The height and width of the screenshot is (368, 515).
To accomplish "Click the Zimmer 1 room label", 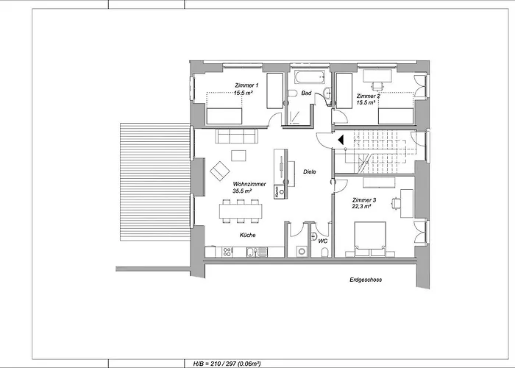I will pyautogui.click(x=246, y=85).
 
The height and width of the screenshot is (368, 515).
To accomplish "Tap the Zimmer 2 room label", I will pyautogui.click(x=368, y=96).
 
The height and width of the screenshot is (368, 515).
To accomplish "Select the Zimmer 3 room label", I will pyautogui.click(x=364, y=200).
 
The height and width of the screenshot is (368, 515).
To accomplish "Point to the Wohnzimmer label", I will pyautogui.click(x=249, y=184).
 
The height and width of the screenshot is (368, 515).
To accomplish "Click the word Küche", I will pyautogui.click(x=247, y=235).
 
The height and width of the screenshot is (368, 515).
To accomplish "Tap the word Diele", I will pyautogui.click(x=310, y=171).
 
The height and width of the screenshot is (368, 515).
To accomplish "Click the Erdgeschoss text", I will pyautogui.click(x=366, y=280).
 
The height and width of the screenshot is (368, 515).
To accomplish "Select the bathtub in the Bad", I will pyautogui.click(x=307, y=78).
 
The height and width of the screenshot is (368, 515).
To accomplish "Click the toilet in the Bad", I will pyautogui.click(x=292, y=93).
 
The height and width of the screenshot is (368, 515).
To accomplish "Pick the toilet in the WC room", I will pyautogui.click(x=324, y=252).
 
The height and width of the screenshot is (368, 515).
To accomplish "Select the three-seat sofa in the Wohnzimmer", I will pyautogui.click(x=236, y=135).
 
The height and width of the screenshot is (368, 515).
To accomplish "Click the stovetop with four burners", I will pyautogui.click(x=228, y=252).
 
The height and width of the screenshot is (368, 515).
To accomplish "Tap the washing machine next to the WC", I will pyautogui.click(x=301, y=251).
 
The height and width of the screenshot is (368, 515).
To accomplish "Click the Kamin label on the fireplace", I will pyautogui.click(x=276, y=191).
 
